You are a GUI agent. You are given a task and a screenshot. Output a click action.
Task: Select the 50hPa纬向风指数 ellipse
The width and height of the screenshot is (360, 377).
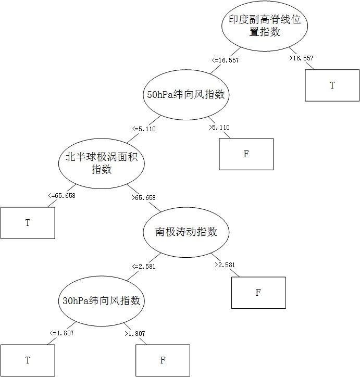(186, 95)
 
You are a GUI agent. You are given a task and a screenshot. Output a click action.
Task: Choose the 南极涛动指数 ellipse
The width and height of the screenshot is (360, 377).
(186, 232)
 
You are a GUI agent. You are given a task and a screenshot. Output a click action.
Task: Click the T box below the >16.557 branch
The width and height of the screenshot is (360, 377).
(332, 85)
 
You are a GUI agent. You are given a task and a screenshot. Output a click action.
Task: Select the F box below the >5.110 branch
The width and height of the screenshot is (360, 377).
(246, 154)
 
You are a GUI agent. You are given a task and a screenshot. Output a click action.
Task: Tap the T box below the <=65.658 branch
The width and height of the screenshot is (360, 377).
(28, 223)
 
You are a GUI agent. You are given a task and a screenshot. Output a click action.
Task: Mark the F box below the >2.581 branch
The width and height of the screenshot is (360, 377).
(258, 292)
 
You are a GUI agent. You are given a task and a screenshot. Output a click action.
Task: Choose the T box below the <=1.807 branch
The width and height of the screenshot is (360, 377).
(28, 360)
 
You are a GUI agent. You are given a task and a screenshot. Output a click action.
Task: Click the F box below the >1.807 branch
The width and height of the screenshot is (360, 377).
(163, 360)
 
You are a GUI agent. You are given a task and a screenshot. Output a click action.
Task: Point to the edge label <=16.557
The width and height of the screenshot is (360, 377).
(225, 60)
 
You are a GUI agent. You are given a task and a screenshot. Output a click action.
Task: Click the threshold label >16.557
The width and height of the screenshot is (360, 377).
(302, 58)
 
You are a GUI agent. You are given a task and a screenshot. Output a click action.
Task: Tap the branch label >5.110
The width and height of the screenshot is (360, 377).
(219, 127)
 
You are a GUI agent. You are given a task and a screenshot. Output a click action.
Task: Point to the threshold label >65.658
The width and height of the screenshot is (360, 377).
(144, 198)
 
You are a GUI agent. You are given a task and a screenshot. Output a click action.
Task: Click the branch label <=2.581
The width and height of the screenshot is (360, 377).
(144, 266)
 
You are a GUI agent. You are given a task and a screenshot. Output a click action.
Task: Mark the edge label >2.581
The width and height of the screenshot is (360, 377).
(225, 265)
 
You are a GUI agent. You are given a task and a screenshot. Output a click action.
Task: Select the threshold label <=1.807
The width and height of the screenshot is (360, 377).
(61, 333)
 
